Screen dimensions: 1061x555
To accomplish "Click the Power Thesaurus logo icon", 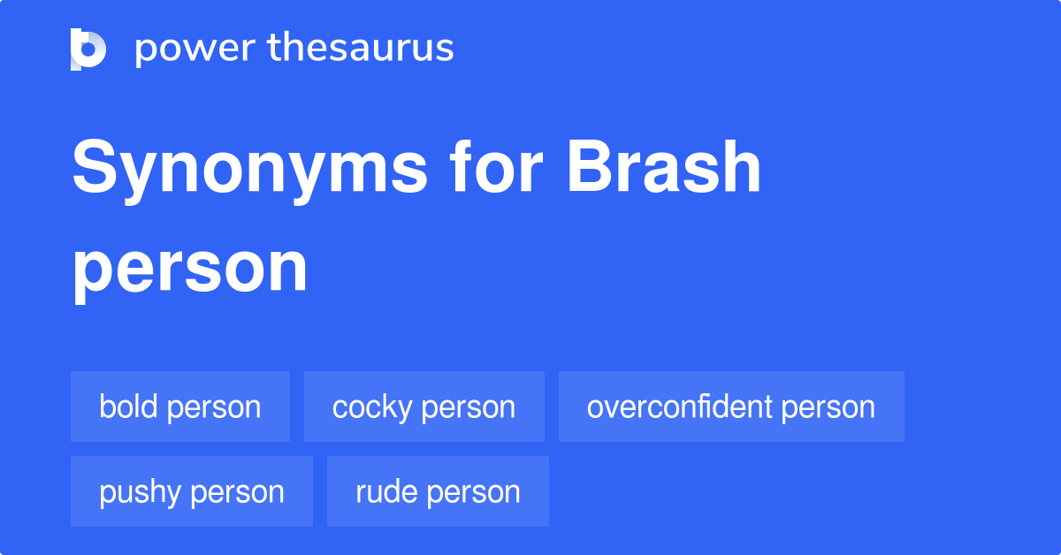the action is (88, 49).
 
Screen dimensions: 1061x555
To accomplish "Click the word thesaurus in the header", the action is (361, 47).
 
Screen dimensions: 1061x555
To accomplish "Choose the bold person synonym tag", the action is (180, 407).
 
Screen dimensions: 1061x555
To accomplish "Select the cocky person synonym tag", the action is (424, 407).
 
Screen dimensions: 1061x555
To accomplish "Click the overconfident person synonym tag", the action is (731, 407).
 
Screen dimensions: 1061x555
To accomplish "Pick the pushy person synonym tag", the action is (192, 491).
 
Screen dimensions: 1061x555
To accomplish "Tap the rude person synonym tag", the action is (439, 491).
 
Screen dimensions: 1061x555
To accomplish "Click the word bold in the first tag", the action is (128, 407).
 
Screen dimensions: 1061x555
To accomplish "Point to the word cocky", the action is (372, 408).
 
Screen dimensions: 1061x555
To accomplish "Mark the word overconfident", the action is (680, 407).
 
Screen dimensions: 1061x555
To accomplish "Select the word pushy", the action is (141, 493).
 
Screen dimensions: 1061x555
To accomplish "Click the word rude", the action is (387, 491).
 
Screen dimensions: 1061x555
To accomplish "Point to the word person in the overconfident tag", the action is (828, 408).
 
